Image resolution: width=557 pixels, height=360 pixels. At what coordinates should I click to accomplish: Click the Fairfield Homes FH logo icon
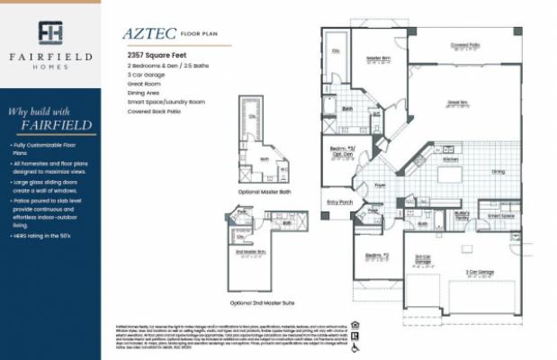(50, 32)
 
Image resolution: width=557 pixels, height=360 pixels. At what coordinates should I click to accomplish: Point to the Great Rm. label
(457, 103)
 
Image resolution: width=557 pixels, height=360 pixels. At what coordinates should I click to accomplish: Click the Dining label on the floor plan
(498, 170)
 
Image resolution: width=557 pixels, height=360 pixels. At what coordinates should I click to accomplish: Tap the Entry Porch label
(339, 202)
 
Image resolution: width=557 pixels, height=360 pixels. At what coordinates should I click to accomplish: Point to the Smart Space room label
(501, 216)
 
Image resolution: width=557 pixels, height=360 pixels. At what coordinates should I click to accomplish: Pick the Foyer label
(381, 185)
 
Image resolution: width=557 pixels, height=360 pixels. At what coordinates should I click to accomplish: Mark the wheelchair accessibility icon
(355, 346)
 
